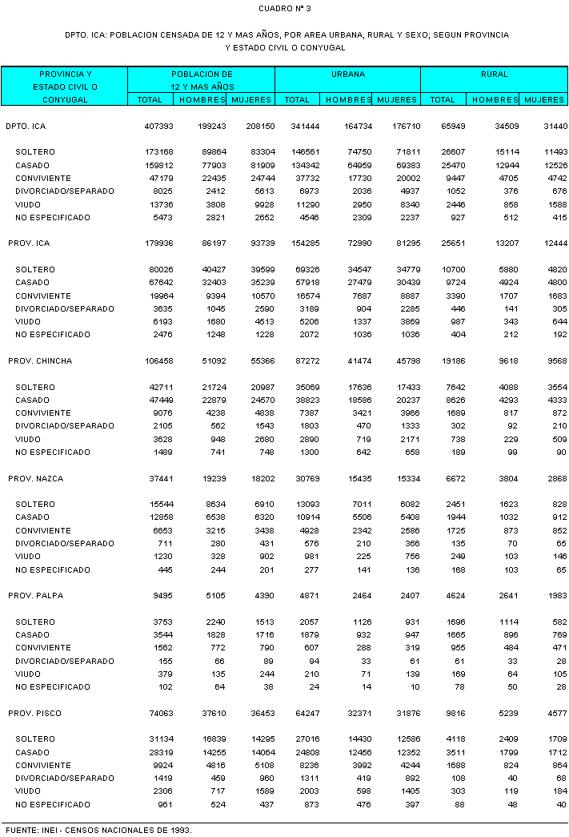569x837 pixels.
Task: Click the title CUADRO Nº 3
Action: [x=285, y=8]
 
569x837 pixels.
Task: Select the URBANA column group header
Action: [x=348, y=74]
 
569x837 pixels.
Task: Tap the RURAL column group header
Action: [x=494, y=74]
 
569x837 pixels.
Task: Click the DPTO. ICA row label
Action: [x=26, y=127]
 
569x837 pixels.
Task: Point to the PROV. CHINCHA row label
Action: [x=40, y=361]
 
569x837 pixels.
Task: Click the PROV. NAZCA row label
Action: [x=36, y=479]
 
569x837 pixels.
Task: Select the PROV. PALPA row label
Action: [x=36, y=596]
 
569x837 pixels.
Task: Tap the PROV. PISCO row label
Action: [x=35, y=714]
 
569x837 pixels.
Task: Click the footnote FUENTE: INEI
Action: [x=98, y=830]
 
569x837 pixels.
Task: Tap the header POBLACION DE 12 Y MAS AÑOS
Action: [x=202, y=79]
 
